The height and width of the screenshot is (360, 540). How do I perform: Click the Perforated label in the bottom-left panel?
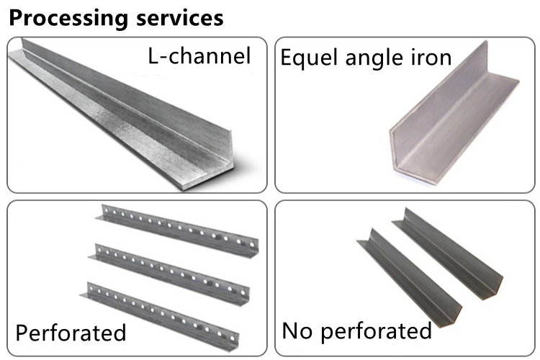[x=71, y=332]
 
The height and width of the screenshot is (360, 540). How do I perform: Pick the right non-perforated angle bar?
[x=461, y=252]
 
